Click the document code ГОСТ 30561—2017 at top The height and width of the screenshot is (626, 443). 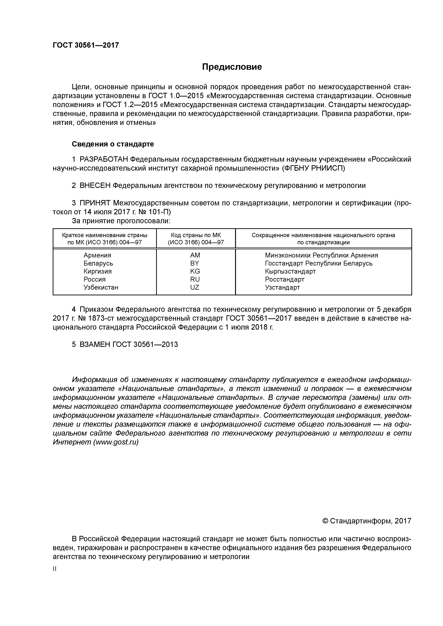pyautogui.click(x=86, y=45)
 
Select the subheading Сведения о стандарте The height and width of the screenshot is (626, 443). pyautogui.click(x=113, y=144)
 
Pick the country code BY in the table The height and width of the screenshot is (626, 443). pyautogui.click(x=195, y=263)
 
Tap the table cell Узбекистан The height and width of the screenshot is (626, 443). pyautogui.click(x=101, y=287)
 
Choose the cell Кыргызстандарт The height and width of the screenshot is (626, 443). pyautogui.click(x=290, y=271)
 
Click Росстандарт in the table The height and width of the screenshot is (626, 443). pyautogui.click(x=284, y=279)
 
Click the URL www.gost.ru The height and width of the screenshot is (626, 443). pyautogui.click(x=116, y=442)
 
